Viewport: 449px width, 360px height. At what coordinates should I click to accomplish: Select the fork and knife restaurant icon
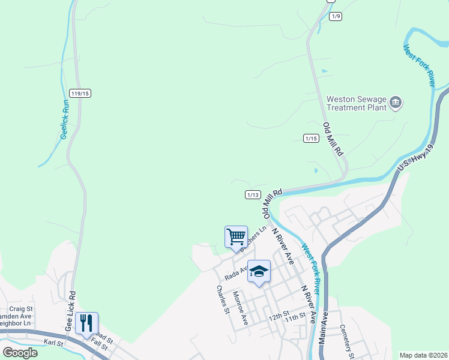click(x=86, y=323)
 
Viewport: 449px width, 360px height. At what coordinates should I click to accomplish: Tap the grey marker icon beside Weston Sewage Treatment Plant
click(x=396, y=103)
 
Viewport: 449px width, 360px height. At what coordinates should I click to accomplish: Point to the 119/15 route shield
click(x=80, y=93)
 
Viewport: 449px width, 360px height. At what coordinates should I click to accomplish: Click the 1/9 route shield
click(x=336, y=16)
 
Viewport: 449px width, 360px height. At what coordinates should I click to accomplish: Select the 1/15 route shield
click(x=310, y=139)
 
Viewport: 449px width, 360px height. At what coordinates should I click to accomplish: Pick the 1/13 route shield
click(x=253, y=194)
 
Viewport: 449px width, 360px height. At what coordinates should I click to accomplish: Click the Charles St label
click(x=223, y=299)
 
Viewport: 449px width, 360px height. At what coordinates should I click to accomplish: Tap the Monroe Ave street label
click(x=240, y=308)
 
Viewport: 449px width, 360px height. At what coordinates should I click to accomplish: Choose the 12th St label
click(x=278, y=315)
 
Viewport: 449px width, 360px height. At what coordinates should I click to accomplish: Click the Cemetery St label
click(x=347, y=338)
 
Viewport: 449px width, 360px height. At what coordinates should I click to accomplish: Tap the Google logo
click(x=20, y=352)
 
